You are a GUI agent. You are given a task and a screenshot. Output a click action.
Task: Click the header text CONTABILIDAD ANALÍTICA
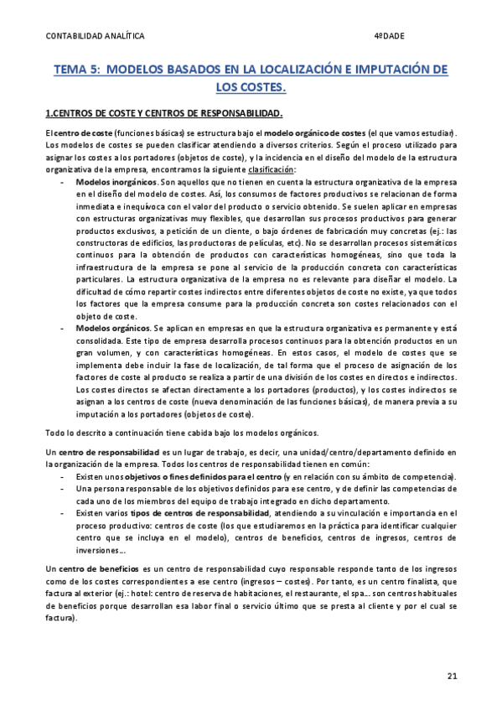[x=94, y=36]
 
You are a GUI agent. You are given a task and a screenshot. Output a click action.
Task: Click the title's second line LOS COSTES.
[x=251, y=86]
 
